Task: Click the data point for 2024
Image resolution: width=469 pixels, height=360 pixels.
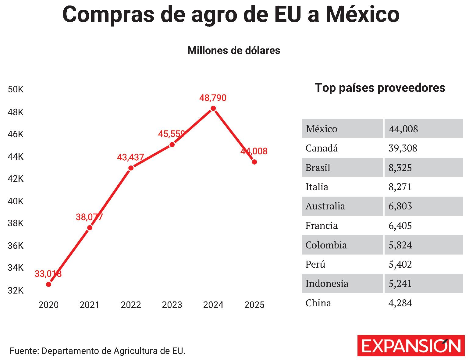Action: (213, 109)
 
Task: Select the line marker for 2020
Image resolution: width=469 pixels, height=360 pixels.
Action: (49, 284)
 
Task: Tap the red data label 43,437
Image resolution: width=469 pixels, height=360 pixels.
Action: (130, 157)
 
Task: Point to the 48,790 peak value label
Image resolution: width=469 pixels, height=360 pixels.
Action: (213, 98)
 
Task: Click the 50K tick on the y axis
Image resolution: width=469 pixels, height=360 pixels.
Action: (16, 90)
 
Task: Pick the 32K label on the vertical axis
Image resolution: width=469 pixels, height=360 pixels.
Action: (16, 290)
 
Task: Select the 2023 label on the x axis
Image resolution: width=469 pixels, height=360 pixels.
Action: (172, 305)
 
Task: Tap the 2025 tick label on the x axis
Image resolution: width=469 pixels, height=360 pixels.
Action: (254, 305)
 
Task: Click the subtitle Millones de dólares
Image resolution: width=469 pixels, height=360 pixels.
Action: (234, 50)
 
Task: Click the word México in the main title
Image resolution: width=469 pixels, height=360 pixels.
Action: (363, 14)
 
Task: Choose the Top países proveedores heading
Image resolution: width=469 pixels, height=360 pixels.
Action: (380, 88)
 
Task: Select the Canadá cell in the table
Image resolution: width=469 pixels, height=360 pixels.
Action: (322, 148)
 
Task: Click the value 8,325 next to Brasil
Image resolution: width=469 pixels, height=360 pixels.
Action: (400, 168)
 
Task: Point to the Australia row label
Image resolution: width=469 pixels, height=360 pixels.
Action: (325, 206)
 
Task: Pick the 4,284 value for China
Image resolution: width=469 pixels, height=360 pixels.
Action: (400, 303)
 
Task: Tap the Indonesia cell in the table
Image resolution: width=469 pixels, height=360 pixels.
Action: (327, 284)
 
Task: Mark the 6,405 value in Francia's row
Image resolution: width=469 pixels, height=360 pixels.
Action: (400, 226)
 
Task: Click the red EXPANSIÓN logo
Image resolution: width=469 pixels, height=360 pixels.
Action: (411, 346)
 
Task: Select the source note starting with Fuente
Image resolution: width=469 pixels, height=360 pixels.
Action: (97, 351)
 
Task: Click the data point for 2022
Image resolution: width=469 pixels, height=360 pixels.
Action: (131, 168)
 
